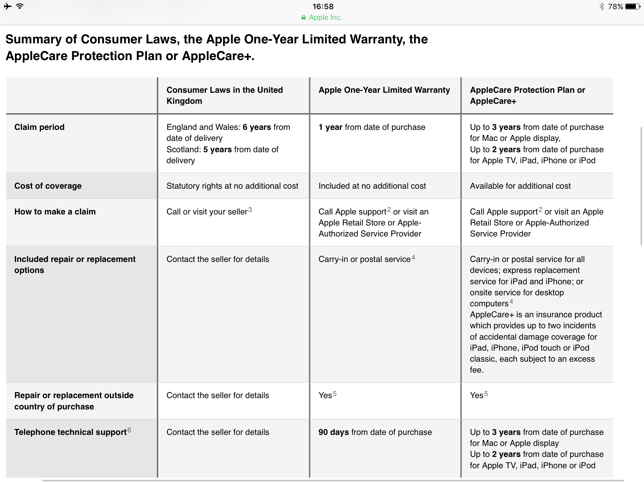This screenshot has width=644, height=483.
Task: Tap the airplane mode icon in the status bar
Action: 8,6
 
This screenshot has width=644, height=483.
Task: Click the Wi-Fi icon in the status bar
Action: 20,6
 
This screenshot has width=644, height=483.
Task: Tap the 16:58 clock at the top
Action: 323,7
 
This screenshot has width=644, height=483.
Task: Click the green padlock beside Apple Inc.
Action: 303,18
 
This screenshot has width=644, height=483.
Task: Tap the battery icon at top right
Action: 632,7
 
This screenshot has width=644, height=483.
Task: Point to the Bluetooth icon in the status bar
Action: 602,7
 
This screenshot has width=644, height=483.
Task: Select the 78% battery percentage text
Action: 615,7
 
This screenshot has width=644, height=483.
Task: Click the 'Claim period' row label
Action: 39,127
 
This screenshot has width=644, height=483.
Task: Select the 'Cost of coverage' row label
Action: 48,186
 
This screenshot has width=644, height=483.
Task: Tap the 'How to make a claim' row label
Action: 55,212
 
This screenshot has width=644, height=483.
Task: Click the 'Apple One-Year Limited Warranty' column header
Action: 384,90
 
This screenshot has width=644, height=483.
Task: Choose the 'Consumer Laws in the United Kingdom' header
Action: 225,95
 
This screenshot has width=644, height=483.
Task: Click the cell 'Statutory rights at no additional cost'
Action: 232,186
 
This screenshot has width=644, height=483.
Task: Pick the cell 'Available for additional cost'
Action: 520,186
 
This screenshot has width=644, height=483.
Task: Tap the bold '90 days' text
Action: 333,432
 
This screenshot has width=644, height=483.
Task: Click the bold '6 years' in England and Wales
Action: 257,127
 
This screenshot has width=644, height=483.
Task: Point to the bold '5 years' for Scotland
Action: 217,149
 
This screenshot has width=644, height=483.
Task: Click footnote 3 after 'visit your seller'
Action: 250,209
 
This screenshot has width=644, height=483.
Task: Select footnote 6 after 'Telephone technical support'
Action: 129,430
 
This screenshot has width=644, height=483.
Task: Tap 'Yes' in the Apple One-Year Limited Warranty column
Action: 325,395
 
